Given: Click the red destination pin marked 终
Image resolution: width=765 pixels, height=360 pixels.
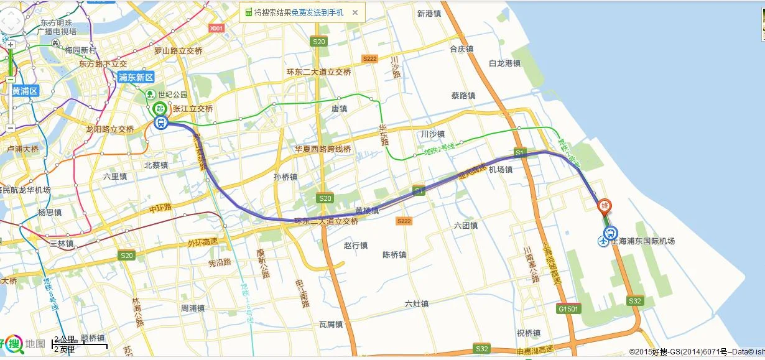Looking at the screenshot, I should click(x=603, y=206).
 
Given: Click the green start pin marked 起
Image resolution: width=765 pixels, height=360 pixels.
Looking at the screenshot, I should click(x=160, y=108).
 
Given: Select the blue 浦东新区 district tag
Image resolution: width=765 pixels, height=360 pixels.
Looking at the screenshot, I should click(x=136, y=78).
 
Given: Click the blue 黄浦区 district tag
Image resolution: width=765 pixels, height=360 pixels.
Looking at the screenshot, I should click(x=25, y=91).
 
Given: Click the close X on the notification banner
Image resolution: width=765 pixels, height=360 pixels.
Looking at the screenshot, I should click(x=355, y=12).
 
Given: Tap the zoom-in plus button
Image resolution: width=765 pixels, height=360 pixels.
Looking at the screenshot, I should click(x=11, y=45).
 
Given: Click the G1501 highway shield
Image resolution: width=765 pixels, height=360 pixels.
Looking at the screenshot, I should click(x=568, y=308).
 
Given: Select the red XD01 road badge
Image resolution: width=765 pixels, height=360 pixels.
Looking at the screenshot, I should click(x=216, y=28).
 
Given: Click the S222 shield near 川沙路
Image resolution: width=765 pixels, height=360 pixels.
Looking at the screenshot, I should click(x=369, y=58).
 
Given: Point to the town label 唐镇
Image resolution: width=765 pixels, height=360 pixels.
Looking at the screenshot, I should click(x=339, y=108).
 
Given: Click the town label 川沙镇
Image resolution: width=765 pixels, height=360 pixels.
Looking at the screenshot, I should click(x=432, y=134).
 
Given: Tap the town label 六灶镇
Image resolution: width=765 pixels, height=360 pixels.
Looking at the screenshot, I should click(x=416, y=304).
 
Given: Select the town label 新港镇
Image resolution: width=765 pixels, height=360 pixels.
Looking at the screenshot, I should click(x=429, y=13).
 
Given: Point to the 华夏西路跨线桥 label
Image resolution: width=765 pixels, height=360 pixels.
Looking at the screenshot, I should click(x=323, y=149).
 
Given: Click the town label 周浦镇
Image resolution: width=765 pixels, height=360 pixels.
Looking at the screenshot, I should click(x=193, y=308).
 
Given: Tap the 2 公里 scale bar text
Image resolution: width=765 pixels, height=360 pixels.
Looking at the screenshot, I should click(x=65, y=339).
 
